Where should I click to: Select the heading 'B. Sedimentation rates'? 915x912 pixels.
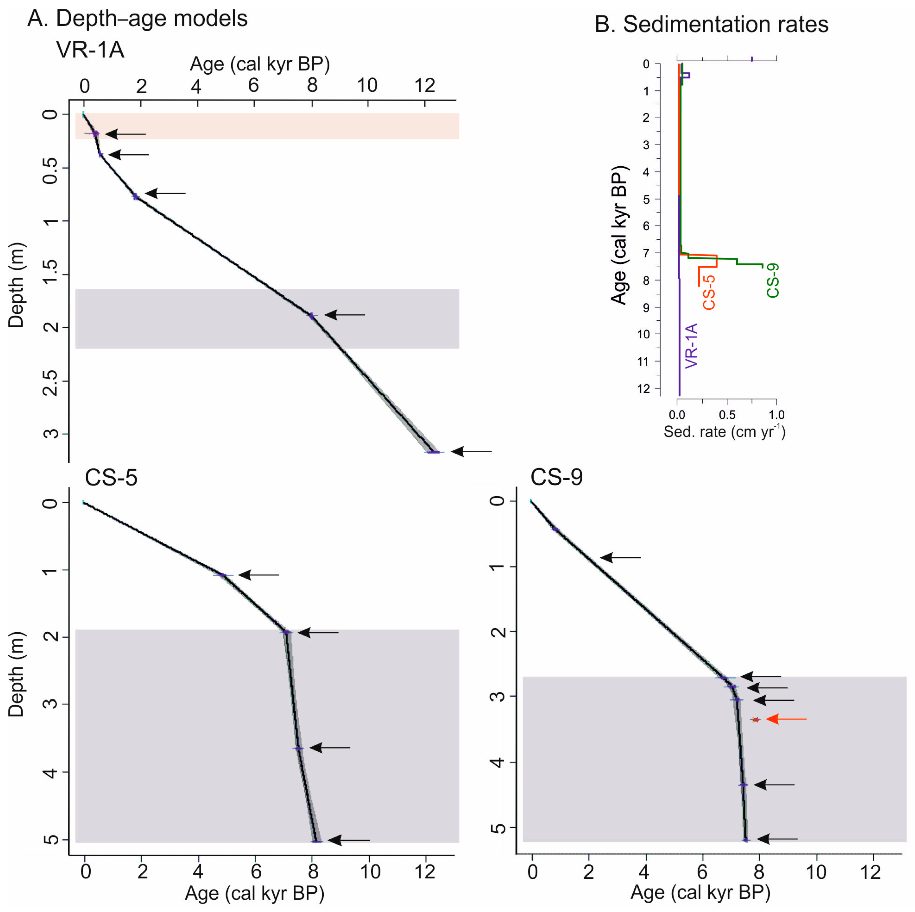tap(711, 24)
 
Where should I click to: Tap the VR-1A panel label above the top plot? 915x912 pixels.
tap(90, 49)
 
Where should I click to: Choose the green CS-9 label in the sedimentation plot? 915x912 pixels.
tap(773, 281)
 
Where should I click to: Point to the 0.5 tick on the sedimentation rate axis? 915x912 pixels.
tap(727, 415)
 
